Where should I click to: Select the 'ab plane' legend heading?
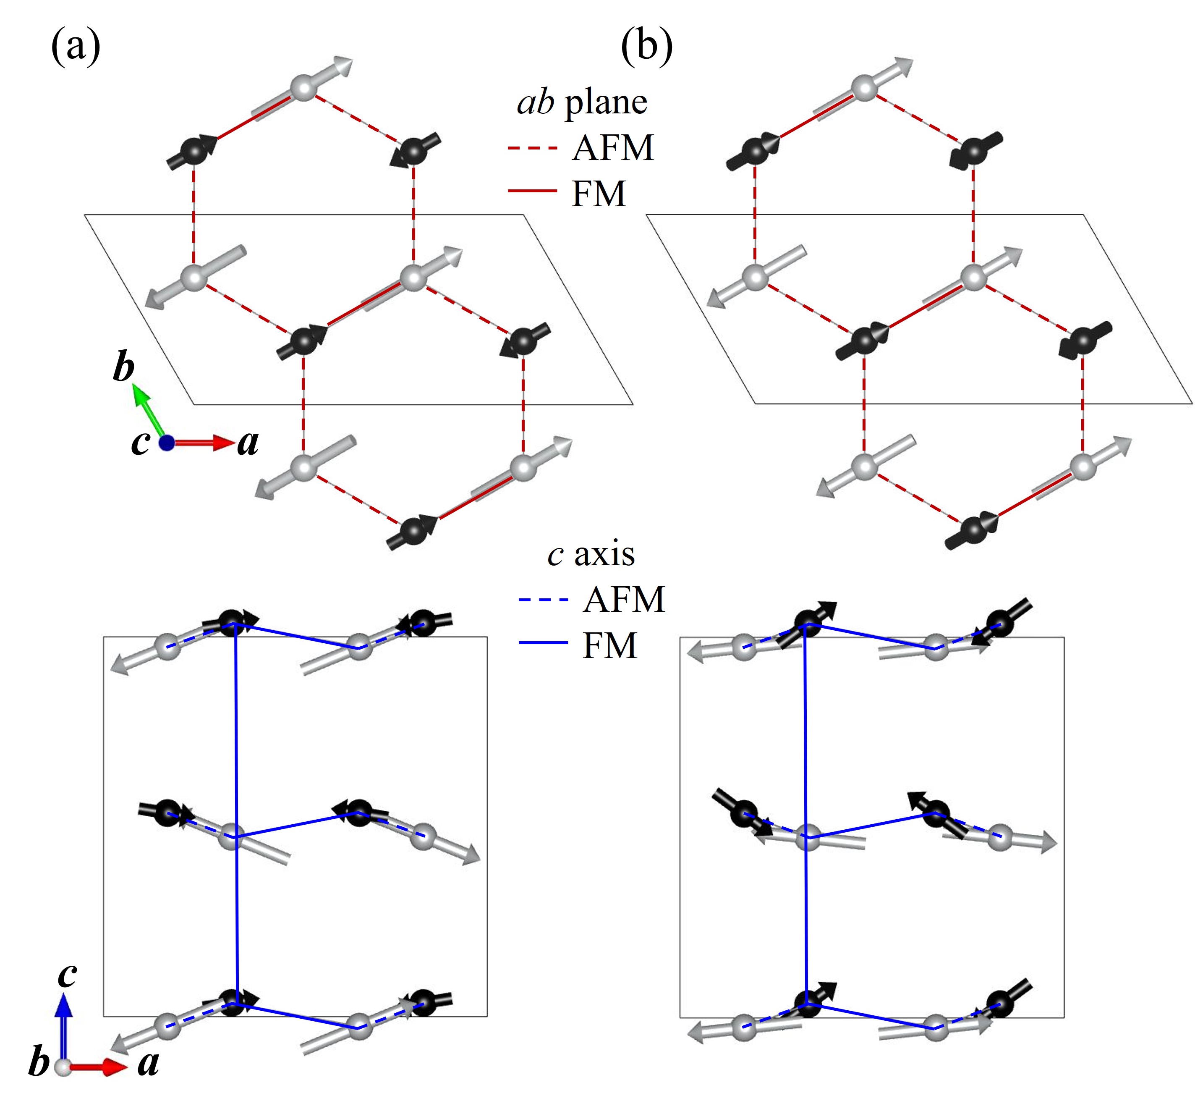click(582, 102)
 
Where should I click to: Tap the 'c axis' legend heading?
click(591, 554)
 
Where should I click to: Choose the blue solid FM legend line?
click(543, 644)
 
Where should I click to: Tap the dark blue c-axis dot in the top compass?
click(167, 443)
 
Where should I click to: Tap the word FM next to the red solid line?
click(599, 194)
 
